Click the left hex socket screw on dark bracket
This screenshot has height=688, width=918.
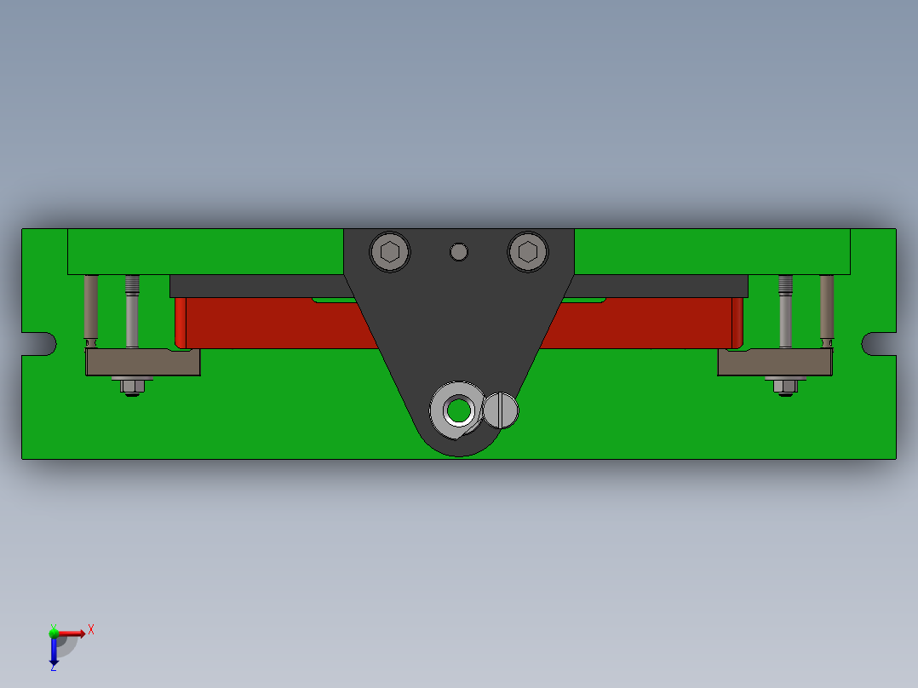click(390, 251)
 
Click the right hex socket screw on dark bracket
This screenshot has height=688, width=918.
click(527, 251)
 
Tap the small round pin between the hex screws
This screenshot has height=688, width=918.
click(459, 251)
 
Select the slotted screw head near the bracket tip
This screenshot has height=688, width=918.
click(501, 410)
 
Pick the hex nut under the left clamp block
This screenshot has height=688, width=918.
click(130, 387)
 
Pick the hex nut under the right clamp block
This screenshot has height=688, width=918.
click(784, 387)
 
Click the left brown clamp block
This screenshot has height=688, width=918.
click(142, 363)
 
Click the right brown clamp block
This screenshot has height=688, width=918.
click(773, 363)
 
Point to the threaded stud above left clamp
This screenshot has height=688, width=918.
click(132, 311)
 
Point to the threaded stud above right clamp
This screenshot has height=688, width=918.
click(786, 311)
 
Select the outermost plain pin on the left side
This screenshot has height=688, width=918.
click(90, 308)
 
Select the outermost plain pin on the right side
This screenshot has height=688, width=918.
click(827, 308)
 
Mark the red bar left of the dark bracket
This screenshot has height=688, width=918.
click(273, 324)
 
